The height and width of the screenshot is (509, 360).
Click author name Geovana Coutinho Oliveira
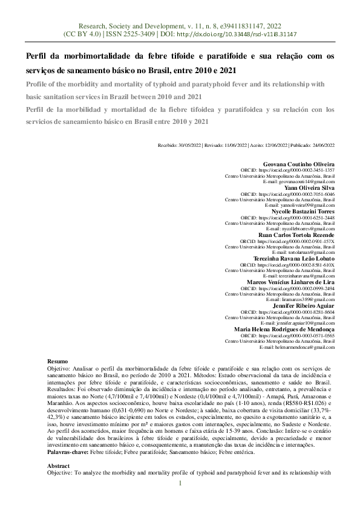coord(300,164)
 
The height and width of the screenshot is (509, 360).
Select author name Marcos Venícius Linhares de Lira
coord(292,282)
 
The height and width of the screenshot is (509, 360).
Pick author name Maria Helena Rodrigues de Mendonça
coord(285,329)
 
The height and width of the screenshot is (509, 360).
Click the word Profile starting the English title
coord(38,85)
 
